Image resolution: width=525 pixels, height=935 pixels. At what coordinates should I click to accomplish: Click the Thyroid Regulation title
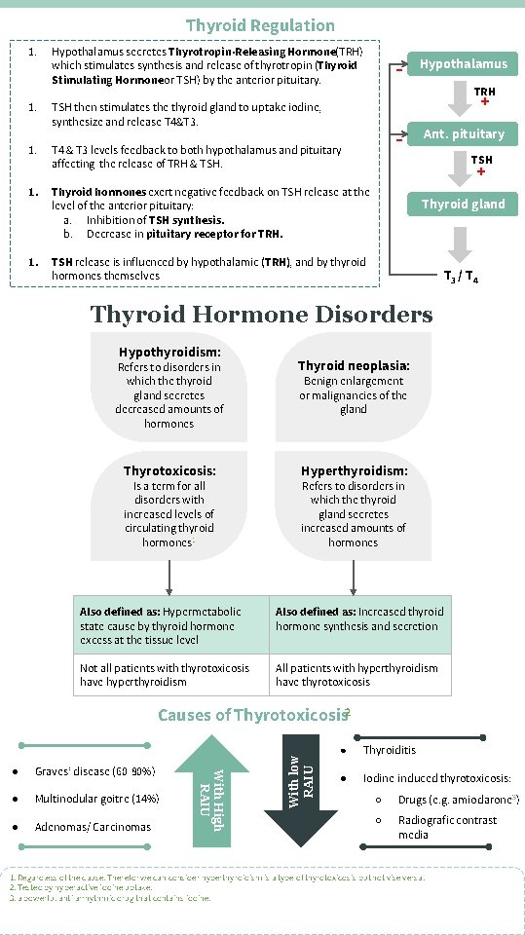[x=260, y=25]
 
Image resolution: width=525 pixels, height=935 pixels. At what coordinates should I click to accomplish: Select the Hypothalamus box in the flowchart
[x=463, y=64]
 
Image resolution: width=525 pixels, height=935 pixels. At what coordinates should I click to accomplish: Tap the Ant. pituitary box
[x=463, y=134]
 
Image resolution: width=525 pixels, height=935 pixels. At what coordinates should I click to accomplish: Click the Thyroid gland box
[x=463, y=205]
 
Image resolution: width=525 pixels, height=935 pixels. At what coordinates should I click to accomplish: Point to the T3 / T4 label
[x=461, y=278]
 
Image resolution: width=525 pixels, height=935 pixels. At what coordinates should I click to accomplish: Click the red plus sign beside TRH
[x=484, y=101]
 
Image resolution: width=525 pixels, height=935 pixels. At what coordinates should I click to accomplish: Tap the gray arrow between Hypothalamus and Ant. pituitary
[x=462, y=99]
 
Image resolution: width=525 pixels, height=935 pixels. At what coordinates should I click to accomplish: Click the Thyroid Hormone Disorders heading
[x=261, y=314]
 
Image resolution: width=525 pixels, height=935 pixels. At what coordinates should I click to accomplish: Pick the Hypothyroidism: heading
[x=169, y=352]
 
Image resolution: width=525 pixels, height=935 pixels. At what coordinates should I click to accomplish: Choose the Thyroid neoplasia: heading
[x=354, y=366]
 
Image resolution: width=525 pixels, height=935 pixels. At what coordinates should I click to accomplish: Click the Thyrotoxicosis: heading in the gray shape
[x=169, y=470]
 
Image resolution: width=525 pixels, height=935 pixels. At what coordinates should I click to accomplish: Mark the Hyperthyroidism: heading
[x=354, y=470]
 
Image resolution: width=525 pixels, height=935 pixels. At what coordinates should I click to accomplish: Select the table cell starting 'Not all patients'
[x=171, y=675]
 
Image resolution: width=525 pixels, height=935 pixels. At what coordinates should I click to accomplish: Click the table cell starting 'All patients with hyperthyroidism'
[x=361, y=675]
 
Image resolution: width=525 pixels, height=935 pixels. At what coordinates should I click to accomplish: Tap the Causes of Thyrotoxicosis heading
[x=252, y=716]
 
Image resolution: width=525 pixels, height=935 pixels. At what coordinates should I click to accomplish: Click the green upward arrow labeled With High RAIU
[x=212, y=789]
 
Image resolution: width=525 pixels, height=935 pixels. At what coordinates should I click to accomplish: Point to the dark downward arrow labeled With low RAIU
[x=301, y=789]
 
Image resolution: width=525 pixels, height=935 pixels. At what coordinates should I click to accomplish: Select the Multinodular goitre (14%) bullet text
[x=96, y=800]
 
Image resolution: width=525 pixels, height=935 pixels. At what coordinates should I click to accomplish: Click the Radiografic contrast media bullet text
[x=447, y=827]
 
